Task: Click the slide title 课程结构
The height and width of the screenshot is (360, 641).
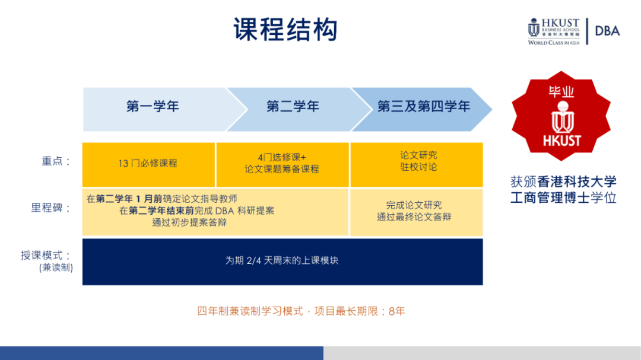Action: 285,30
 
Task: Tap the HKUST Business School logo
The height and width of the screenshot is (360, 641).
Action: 554,31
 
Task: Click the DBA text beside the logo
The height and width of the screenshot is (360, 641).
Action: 608,31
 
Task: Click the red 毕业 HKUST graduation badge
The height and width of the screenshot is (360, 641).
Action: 561,116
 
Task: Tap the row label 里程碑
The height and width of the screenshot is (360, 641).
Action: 51,208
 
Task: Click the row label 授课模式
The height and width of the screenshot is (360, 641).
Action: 46,256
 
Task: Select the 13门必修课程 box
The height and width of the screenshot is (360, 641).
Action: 148,165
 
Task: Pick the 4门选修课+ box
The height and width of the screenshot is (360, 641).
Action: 283,165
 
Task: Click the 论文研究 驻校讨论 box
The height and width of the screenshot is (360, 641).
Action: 417,165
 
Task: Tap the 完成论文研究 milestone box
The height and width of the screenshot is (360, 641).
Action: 417,212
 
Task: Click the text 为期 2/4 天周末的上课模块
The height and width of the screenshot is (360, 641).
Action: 282,261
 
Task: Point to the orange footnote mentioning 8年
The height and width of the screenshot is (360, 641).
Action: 301,311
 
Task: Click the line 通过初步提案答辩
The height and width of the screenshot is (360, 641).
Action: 190,222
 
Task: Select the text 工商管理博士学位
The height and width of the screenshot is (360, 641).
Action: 563,197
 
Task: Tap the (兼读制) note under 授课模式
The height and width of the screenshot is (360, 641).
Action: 56,268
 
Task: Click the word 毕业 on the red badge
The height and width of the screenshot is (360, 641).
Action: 561,91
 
